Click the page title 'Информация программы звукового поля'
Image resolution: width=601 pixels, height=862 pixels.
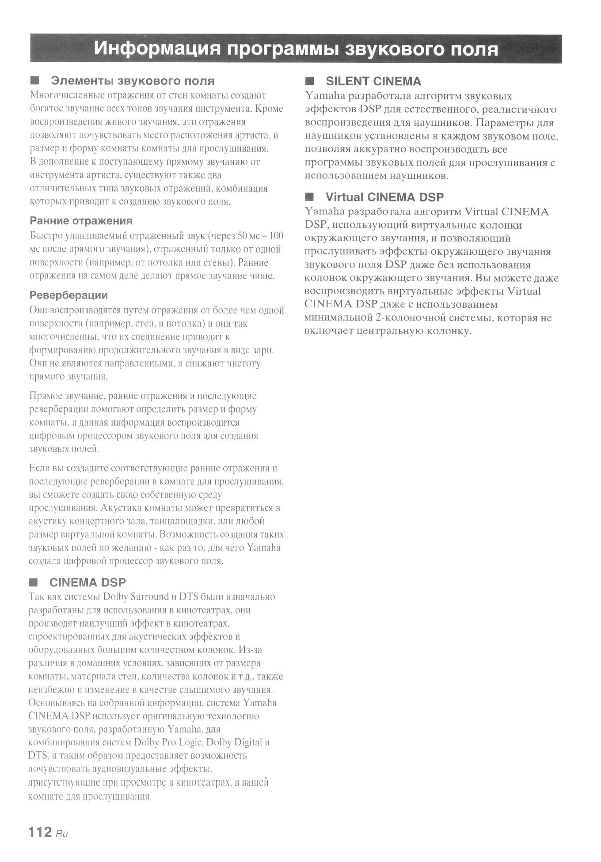pos(296,49)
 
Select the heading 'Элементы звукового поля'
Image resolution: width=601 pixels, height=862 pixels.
pos(133,81)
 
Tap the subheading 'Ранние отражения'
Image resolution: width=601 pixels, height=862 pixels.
pos(81,221)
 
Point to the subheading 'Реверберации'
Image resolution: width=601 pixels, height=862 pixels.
pos(68,295)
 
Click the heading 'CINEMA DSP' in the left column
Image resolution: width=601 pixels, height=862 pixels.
pos(87,582)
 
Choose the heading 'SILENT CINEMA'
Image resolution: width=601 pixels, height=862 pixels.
pos(373,81)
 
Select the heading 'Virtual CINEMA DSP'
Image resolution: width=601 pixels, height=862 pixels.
pos(384,197)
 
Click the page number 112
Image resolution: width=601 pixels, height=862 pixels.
pos(40,832)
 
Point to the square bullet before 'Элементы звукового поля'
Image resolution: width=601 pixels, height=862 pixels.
pos(34,81)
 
